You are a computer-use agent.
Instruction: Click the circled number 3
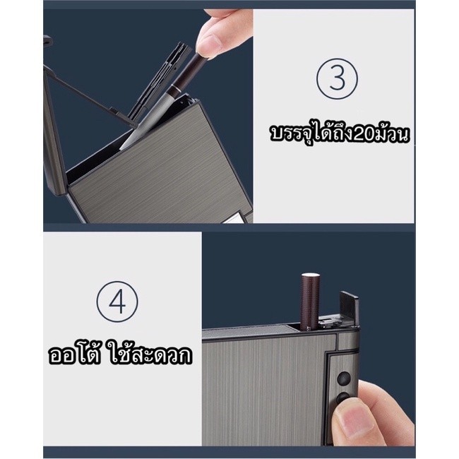(x=337, y=79)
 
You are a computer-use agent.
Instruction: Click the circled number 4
(x=117, y=302)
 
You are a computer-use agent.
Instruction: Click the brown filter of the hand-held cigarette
(x=182, y=69)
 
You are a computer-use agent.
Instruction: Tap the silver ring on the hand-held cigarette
(x=175, y=87)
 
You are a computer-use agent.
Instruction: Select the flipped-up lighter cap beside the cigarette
(x=349, y=309)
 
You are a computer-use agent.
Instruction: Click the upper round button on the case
(x=344, y=378)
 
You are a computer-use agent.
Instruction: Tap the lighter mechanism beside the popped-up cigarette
(x=330, y=322)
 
